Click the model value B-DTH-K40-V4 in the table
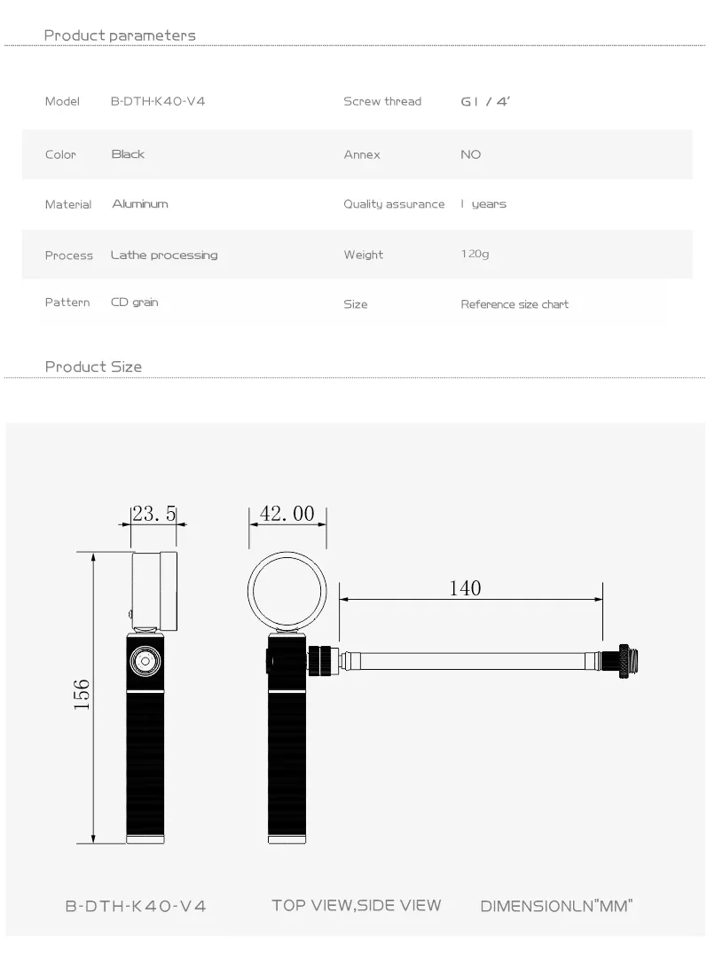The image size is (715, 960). point(157,101)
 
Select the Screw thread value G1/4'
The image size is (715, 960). point(485,102)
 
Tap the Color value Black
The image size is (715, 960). point(128,154)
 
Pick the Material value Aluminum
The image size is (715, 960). point(140,204)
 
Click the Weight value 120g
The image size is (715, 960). point(475,254)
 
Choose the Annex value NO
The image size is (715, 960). point(471,154)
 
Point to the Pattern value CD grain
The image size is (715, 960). point(135,303)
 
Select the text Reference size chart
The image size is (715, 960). point(515,304)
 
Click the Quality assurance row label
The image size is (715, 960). point(394,204)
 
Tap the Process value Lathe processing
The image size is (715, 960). point(164,256)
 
